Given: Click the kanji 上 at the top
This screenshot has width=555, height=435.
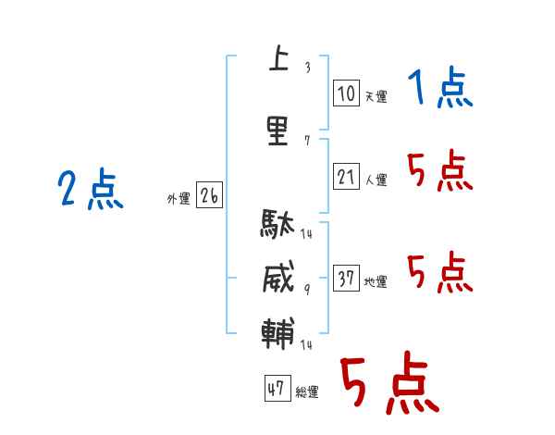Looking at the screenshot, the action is (x=279, y=57).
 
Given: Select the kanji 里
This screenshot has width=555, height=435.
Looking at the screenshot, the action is (x=277, y=131).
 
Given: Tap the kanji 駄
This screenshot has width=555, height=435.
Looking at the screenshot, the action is (x=277, y=223).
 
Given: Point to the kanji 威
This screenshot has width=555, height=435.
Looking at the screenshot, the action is (x=278, y=277).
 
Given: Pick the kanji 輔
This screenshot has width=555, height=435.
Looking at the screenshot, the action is (x=277, y=333).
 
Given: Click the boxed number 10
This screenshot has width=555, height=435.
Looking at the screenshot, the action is (x=346, y=93).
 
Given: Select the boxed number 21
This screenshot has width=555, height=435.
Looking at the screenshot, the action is (x=346, y=176).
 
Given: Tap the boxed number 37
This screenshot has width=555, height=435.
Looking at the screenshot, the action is (x=346, y=278).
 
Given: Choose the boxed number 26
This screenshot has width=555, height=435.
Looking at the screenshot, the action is (x=209, y=195).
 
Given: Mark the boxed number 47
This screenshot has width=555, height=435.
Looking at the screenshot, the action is (x=277, y=388).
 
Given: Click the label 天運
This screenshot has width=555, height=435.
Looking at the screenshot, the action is (x=376, y=96).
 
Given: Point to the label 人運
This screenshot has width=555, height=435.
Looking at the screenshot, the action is (x=376, y=180).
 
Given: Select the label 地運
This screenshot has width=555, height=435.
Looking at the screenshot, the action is (x=376, y=282).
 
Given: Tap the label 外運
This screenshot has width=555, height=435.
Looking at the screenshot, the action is (x=179, y=199).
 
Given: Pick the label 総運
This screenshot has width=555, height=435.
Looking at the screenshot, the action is (x=307, y=392).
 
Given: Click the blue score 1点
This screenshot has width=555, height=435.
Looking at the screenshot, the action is (x=440, y=87).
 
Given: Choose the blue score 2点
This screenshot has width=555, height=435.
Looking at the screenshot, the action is (x=91, y=189).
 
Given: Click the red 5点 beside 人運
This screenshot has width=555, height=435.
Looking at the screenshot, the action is (x=440, y=170).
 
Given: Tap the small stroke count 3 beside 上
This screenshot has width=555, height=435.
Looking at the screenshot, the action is (x=308, y=68).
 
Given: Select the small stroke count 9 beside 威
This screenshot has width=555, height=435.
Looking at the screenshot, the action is (x=307, y=290).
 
